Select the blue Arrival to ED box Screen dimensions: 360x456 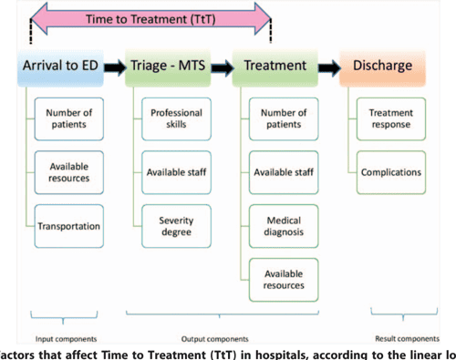click(x=58, y=67)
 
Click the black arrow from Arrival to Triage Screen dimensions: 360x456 click(x=114, y=67)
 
